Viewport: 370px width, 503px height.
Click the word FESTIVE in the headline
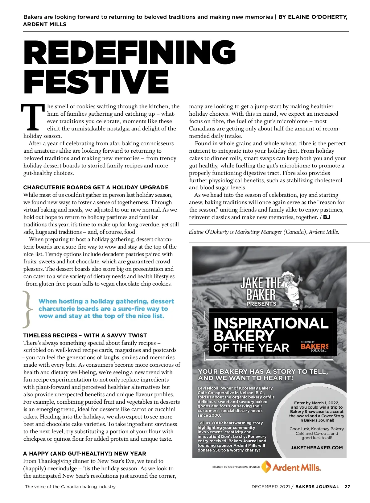coord(96,82)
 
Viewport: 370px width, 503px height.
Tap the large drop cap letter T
coord(33,117)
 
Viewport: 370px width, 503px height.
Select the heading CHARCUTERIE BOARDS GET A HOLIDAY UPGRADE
coord(96,188)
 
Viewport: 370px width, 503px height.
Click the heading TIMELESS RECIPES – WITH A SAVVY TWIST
coord(85,336)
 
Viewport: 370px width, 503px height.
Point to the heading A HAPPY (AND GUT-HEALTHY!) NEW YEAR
coord(84,454)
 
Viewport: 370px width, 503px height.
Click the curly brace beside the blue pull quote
coord(28,309)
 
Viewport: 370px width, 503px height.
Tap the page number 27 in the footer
coord(347,487)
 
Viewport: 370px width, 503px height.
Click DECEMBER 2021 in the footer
coord(270,487)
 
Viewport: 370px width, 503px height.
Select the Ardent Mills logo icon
coord(266,467)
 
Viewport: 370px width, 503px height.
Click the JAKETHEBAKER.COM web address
coord(317,448)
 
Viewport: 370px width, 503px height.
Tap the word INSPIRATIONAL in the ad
coord(271,323)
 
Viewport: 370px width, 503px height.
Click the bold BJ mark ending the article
coord(327,217)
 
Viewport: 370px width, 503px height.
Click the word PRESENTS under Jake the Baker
coord(261,304)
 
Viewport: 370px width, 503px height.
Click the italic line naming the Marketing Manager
coord(264,232)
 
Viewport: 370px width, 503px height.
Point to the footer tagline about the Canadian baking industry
coord(70,487)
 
